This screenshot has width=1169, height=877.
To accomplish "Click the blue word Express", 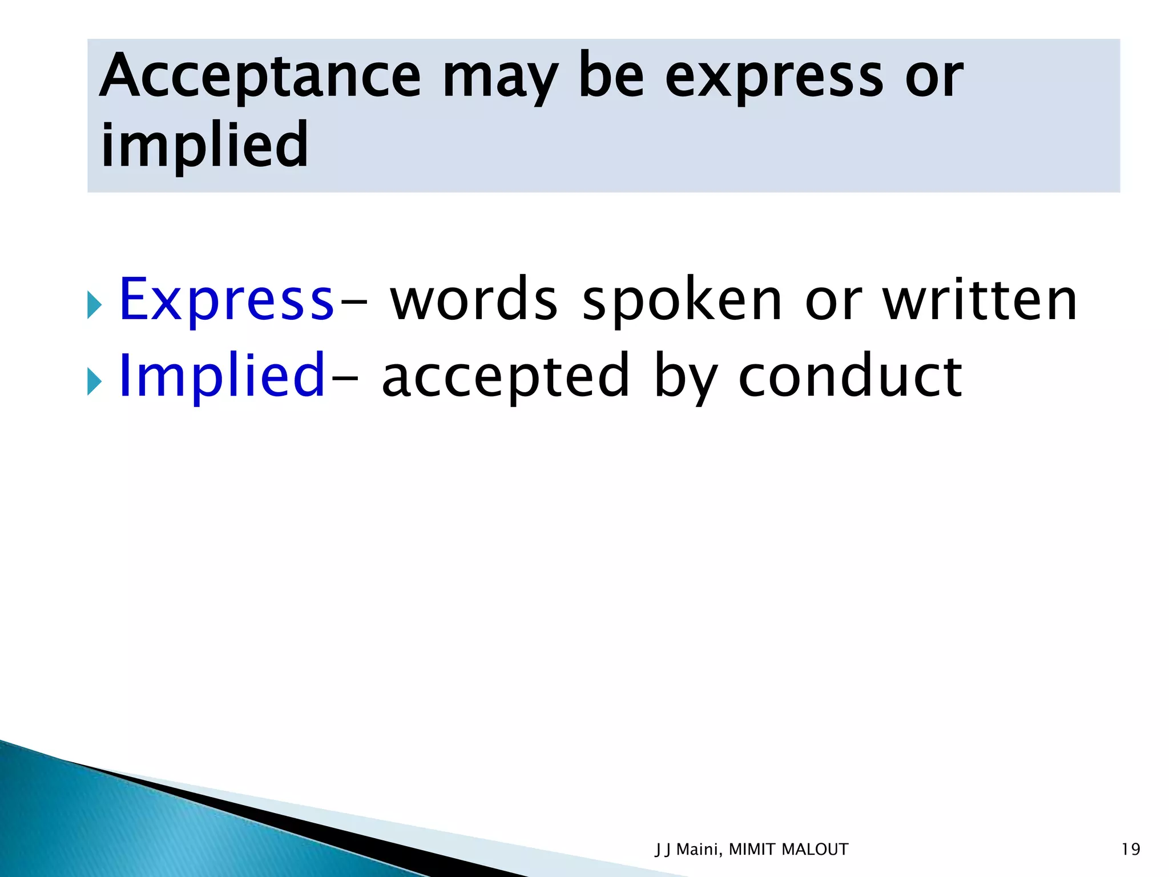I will point(226,300).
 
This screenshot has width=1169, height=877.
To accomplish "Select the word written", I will point(980,300).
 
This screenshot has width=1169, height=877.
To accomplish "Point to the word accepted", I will point(506,377).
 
